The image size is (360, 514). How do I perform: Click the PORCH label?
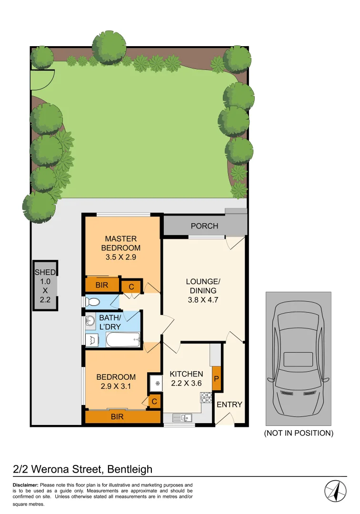pyautogui.click(x=204, y=226)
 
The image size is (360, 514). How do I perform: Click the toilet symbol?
pyautogui.click(x=91, y=302)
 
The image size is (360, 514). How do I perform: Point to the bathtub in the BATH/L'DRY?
pyautogui.click(x=123, y=340)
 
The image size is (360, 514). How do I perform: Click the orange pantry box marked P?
pyautogui.click(x=216, y=379)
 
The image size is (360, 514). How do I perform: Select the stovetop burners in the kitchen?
pyautogui.click(x=206, y=398)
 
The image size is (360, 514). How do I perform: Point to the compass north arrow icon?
pyautogui.click(x=335, y=491)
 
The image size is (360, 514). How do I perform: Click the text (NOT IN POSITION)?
pyautogui.click(x=299, y=433)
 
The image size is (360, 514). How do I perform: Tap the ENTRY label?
pyautogui.click(x=230, y=405)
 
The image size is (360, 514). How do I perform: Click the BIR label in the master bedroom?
pyautogui.click(x=101, y=286)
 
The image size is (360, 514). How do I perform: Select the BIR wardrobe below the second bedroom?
pyautogui.click(x=122, y=417)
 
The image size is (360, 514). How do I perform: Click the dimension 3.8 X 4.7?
pyautogui.click(x=201, y=300)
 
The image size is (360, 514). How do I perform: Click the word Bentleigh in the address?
pyautogui.click(x=130, y=469)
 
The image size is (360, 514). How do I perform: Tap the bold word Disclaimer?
pyautogui.click(x=25, y=485)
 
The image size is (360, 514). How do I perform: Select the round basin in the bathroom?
pyautogui.click(x=90, y=321)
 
